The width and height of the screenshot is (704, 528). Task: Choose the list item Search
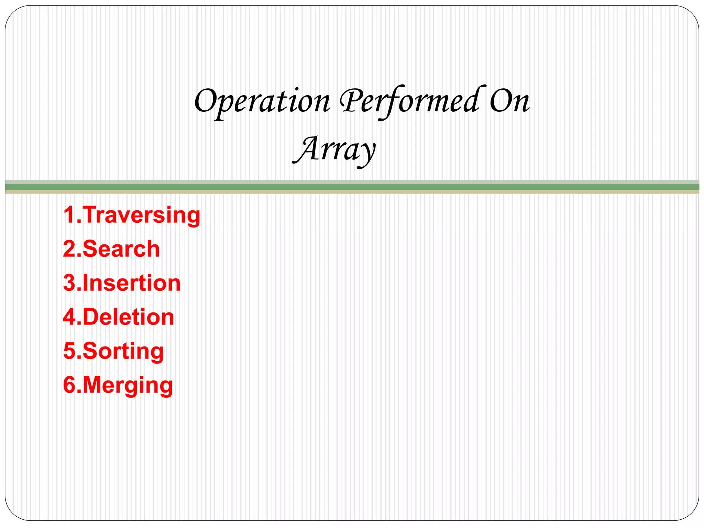click(121, 249)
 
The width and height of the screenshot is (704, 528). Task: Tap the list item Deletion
click(129, 317)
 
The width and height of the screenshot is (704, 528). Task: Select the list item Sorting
click(123, 351)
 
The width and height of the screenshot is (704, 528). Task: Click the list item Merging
click(128, 385)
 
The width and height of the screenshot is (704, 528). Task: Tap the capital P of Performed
click(350, 100)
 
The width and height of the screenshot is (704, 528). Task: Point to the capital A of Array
click(306, 149)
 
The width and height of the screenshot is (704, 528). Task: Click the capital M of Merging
click(94, 385)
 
